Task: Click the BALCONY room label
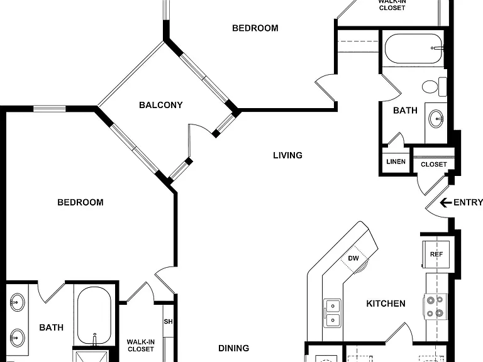click(161, 105)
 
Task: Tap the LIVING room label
click(287, 155)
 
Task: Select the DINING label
click(234, 348)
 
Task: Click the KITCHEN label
click(386, 304)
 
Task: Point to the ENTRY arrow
click(446, 202)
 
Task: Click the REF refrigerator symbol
click(436, 255)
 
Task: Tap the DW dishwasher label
click(353, 258)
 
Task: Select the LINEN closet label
click(396, 162)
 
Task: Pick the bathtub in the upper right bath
click(413, 48)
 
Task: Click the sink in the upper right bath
click(436, 119)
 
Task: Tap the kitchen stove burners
click(435, 307)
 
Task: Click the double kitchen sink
click(333, 313)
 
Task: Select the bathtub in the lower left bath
click(94, 315)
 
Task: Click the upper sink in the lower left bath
click(17, 302)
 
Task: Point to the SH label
click(168, 322)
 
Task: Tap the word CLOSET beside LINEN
click(434, 165)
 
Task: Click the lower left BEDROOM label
click(80, 202)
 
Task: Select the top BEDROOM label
click(255, 28)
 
